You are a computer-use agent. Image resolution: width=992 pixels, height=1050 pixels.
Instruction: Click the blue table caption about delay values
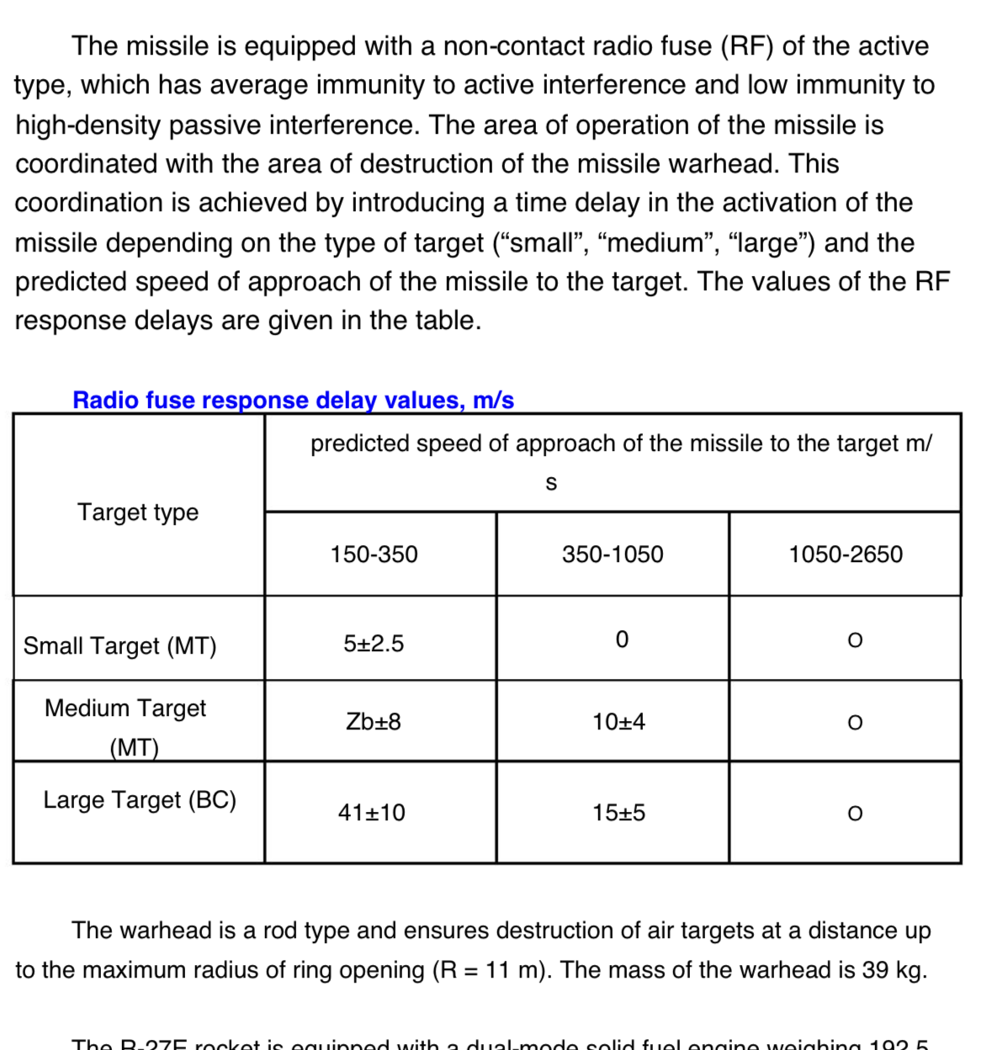(x=293, y=400)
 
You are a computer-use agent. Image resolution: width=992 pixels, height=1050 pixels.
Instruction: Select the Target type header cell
(x=138, y=512)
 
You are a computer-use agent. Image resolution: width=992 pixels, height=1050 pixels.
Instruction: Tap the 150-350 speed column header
(x=374, y=554)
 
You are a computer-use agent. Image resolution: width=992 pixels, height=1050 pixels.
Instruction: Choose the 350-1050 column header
(x=613, y=554)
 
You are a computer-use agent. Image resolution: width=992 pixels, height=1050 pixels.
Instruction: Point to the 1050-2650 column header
(x=845, y=554)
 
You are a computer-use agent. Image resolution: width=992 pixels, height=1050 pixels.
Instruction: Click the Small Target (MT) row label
(x=119, y=645)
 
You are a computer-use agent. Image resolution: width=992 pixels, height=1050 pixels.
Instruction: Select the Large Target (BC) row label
(x=140, y=799)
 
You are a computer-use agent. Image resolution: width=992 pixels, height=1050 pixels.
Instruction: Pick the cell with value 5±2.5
(x=374, y=644)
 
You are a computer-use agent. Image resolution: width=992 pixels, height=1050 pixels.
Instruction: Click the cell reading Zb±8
(x=374, y=722)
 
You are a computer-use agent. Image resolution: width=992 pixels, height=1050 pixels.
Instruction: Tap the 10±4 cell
(x=618, y=722)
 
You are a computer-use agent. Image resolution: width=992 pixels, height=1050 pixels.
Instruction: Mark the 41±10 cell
(x=371, y=813)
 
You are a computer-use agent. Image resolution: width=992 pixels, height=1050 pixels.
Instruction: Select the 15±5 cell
(x=618, y=813)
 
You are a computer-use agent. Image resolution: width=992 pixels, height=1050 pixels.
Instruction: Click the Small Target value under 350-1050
(x=622, y=640)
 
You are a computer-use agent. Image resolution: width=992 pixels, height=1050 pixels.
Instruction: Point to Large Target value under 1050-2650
(x=855, y=814)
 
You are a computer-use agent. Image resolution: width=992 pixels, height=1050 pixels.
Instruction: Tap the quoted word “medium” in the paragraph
(x=632, y=242)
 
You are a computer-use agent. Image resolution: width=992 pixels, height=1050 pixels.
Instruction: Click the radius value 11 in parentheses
(x=497, y=970)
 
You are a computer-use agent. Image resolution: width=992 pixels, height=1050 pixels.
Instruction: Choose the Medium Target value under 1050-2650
(x=855, y=723)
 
